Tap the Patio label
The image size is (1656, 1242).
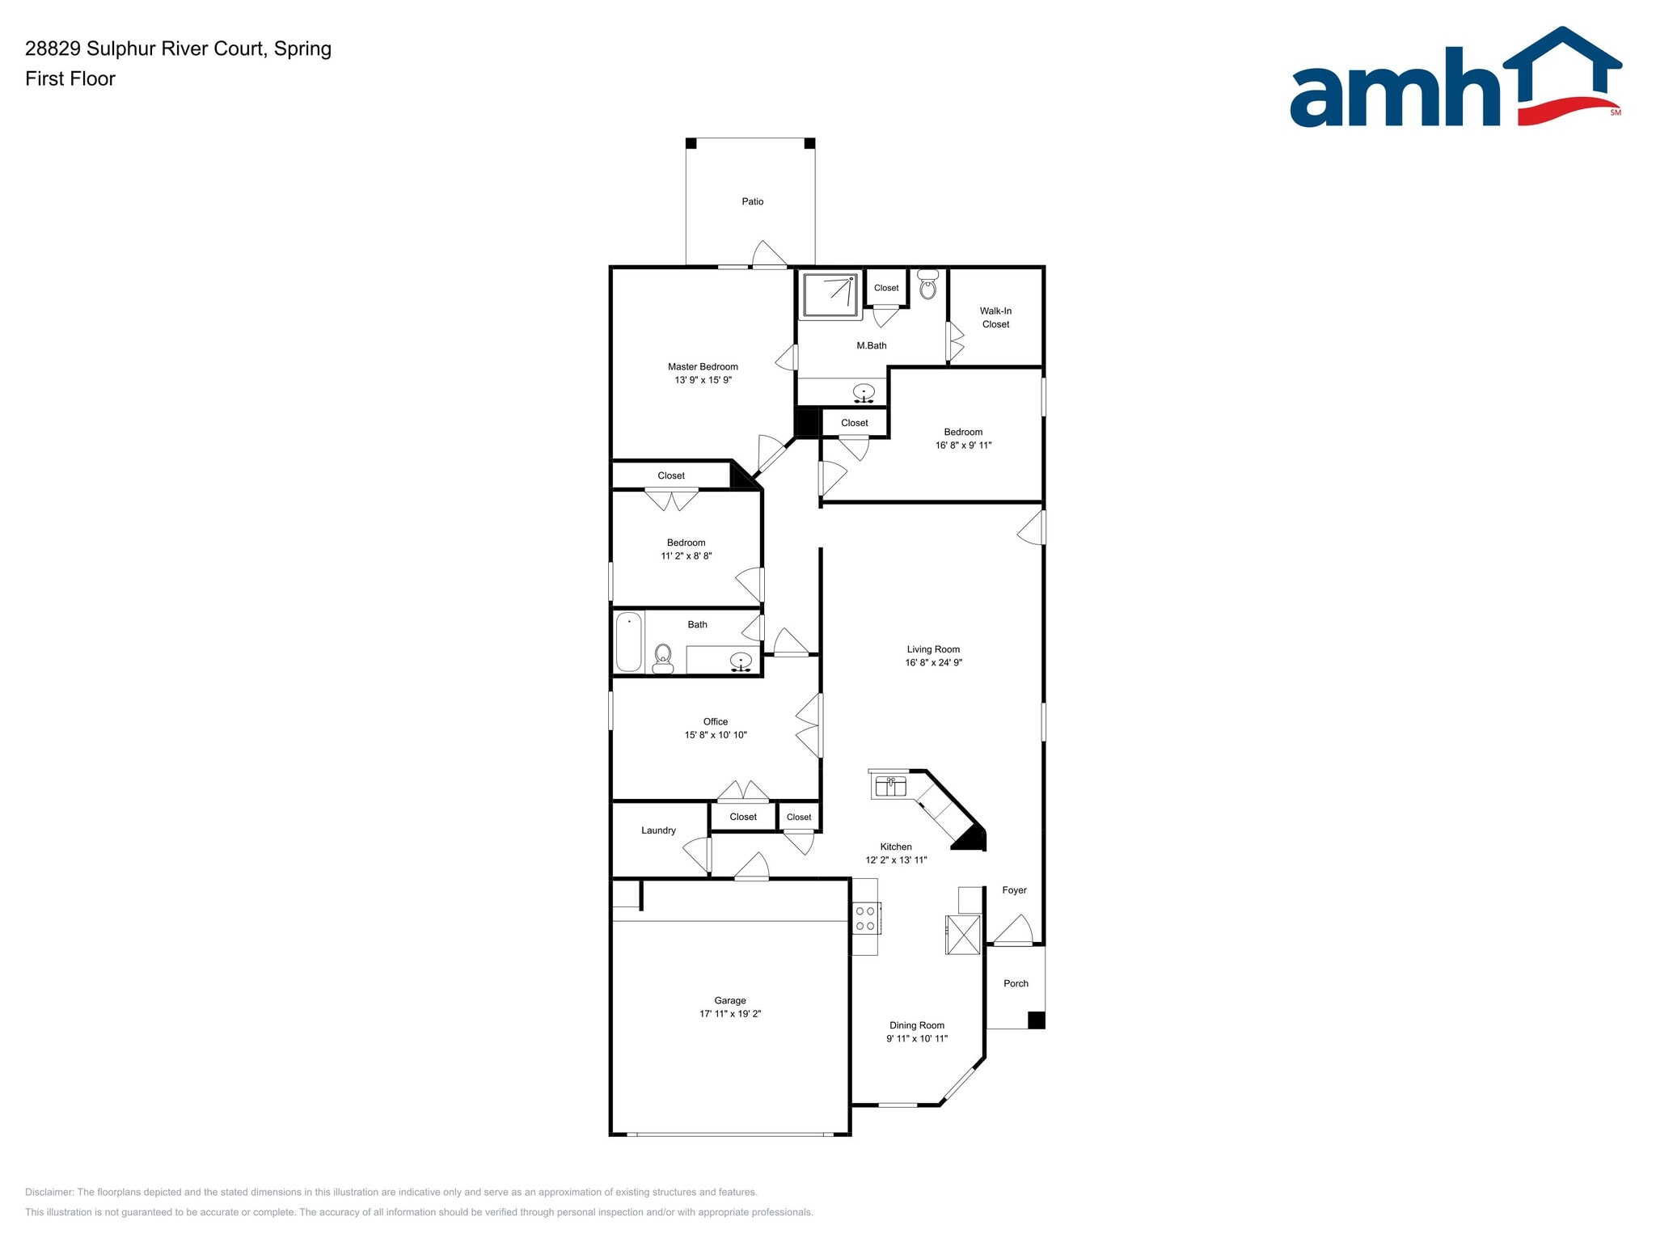752,201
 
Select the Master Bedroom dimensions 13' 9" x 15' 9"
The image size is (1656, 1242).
703,380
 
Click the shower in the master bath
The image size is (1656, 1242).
830,296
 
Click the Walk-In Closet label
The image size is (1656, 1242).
995,317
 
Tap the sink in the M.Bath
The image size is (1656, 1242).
864,393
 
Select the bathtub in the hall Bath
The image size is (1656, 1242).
628,642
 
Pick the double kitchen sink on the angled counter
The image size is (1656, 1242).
890,786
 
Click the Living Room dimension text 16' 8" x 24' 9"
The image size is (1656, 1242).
933,663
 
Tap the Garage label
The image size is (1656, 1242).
729,1000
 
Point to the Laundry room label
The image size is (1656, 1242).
658,830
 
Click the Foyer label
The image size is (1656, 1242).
1014,890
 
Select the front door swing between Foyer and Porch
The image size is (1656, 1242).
1013,930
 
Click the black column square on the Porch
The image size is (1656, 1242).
1036,1020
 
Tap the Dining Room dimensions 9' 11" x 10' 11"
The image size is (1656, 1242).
916,1039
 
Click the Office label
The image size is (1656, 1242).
715,721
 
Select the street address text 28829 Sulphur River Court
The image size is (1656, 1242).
145,49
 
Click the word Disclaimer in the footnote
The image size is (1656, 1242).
49,1192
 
